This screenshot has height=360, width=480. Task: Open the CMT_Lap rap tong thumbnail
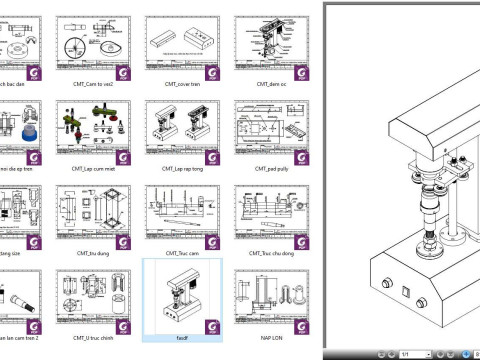(x=181, y=130)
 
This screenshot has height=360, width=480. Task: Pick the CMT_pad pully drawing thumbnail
(x=267, y=130)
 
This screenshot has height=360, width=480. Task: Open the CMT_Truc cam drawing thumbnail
(x=181, y=214)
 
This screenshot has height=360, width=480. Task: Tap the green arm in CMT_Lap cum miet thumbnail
(x=81, y=124)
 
